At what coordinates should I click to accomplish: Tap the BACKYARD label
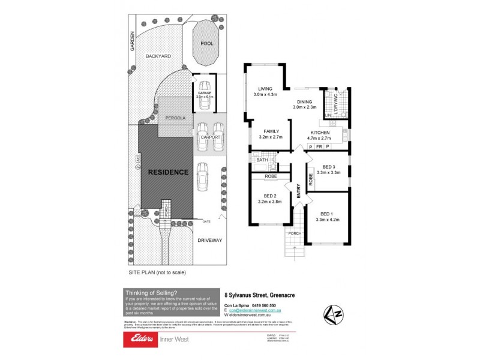[x=158, y=56]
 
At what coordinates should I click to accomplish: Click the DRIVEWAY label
[x=209, y=240]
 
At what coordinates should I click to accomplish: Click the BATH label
[x=262, y=160]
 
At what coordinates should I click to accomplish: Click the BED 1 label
[x=326, y=214]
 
